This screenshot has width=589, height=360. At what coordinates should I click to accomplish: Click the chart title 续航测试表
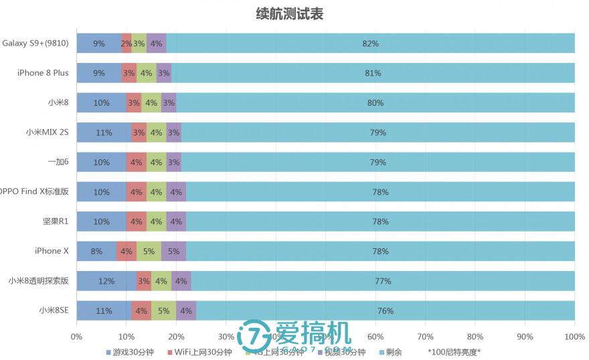pyautogui.click(x=289, y=14)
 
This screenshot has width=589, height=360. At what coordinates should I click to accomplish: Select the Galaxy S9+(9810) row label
pyautogui.click(x=35, y=43)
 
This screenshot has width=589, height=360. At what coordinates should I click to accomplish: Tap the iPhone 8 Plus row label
pyautogui.click(x=43, y=73)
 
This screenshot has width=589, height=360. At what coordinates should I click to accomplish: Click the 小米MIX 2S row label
pyautogui.click(x=47, y=132)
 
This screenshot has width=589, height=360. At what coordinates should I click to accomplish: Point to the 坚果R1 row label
pyautogui.click(x=56, y=221)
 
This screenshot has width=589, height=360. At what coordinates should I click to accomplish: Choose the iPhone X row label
pyautogui.click(x=52, y=251)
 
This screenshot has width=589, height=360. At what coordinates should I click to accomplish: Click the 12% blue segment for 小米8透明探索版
pyautogui.click(x=106, y=281)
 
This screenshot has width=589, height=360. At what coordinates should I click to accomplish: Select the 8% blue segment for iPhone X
pyautogui.click(x=96, y=252)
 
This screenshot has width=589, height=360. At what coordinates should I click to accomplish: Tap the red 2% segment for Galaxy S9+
pyautogui.click(x=126, y=43)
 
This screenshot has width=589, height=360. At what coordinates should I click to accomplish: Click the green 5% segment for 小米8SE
pyautogui.click(x=163, y=310)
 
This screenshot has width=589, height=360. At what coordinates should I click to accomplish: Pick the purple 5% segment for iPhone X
pyautogui.click(x=173, y=252)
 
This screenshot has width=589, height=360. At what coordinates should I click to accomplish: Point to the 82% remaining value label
pyautogui.click(x=370, y=43)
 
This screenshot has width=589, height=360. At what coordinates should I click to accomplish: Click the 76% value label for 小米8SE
pyautogui.click(x=385, y=310)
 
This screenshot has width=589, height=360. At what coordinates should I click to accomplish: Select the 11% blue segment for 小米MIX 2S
pyautogui.click(x=104, y=132)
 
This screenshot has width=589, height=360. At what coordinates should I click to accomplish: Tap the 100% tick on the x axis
pyautogui.click(x=574, y=337)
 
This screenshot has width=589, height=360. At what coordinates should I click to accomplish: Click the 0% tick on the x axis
pyautogui.click(x=76, y=337)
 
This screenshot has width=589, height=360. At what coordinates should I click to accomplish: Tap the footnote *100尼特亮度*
pyautogui.click(x=454, y=352)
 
